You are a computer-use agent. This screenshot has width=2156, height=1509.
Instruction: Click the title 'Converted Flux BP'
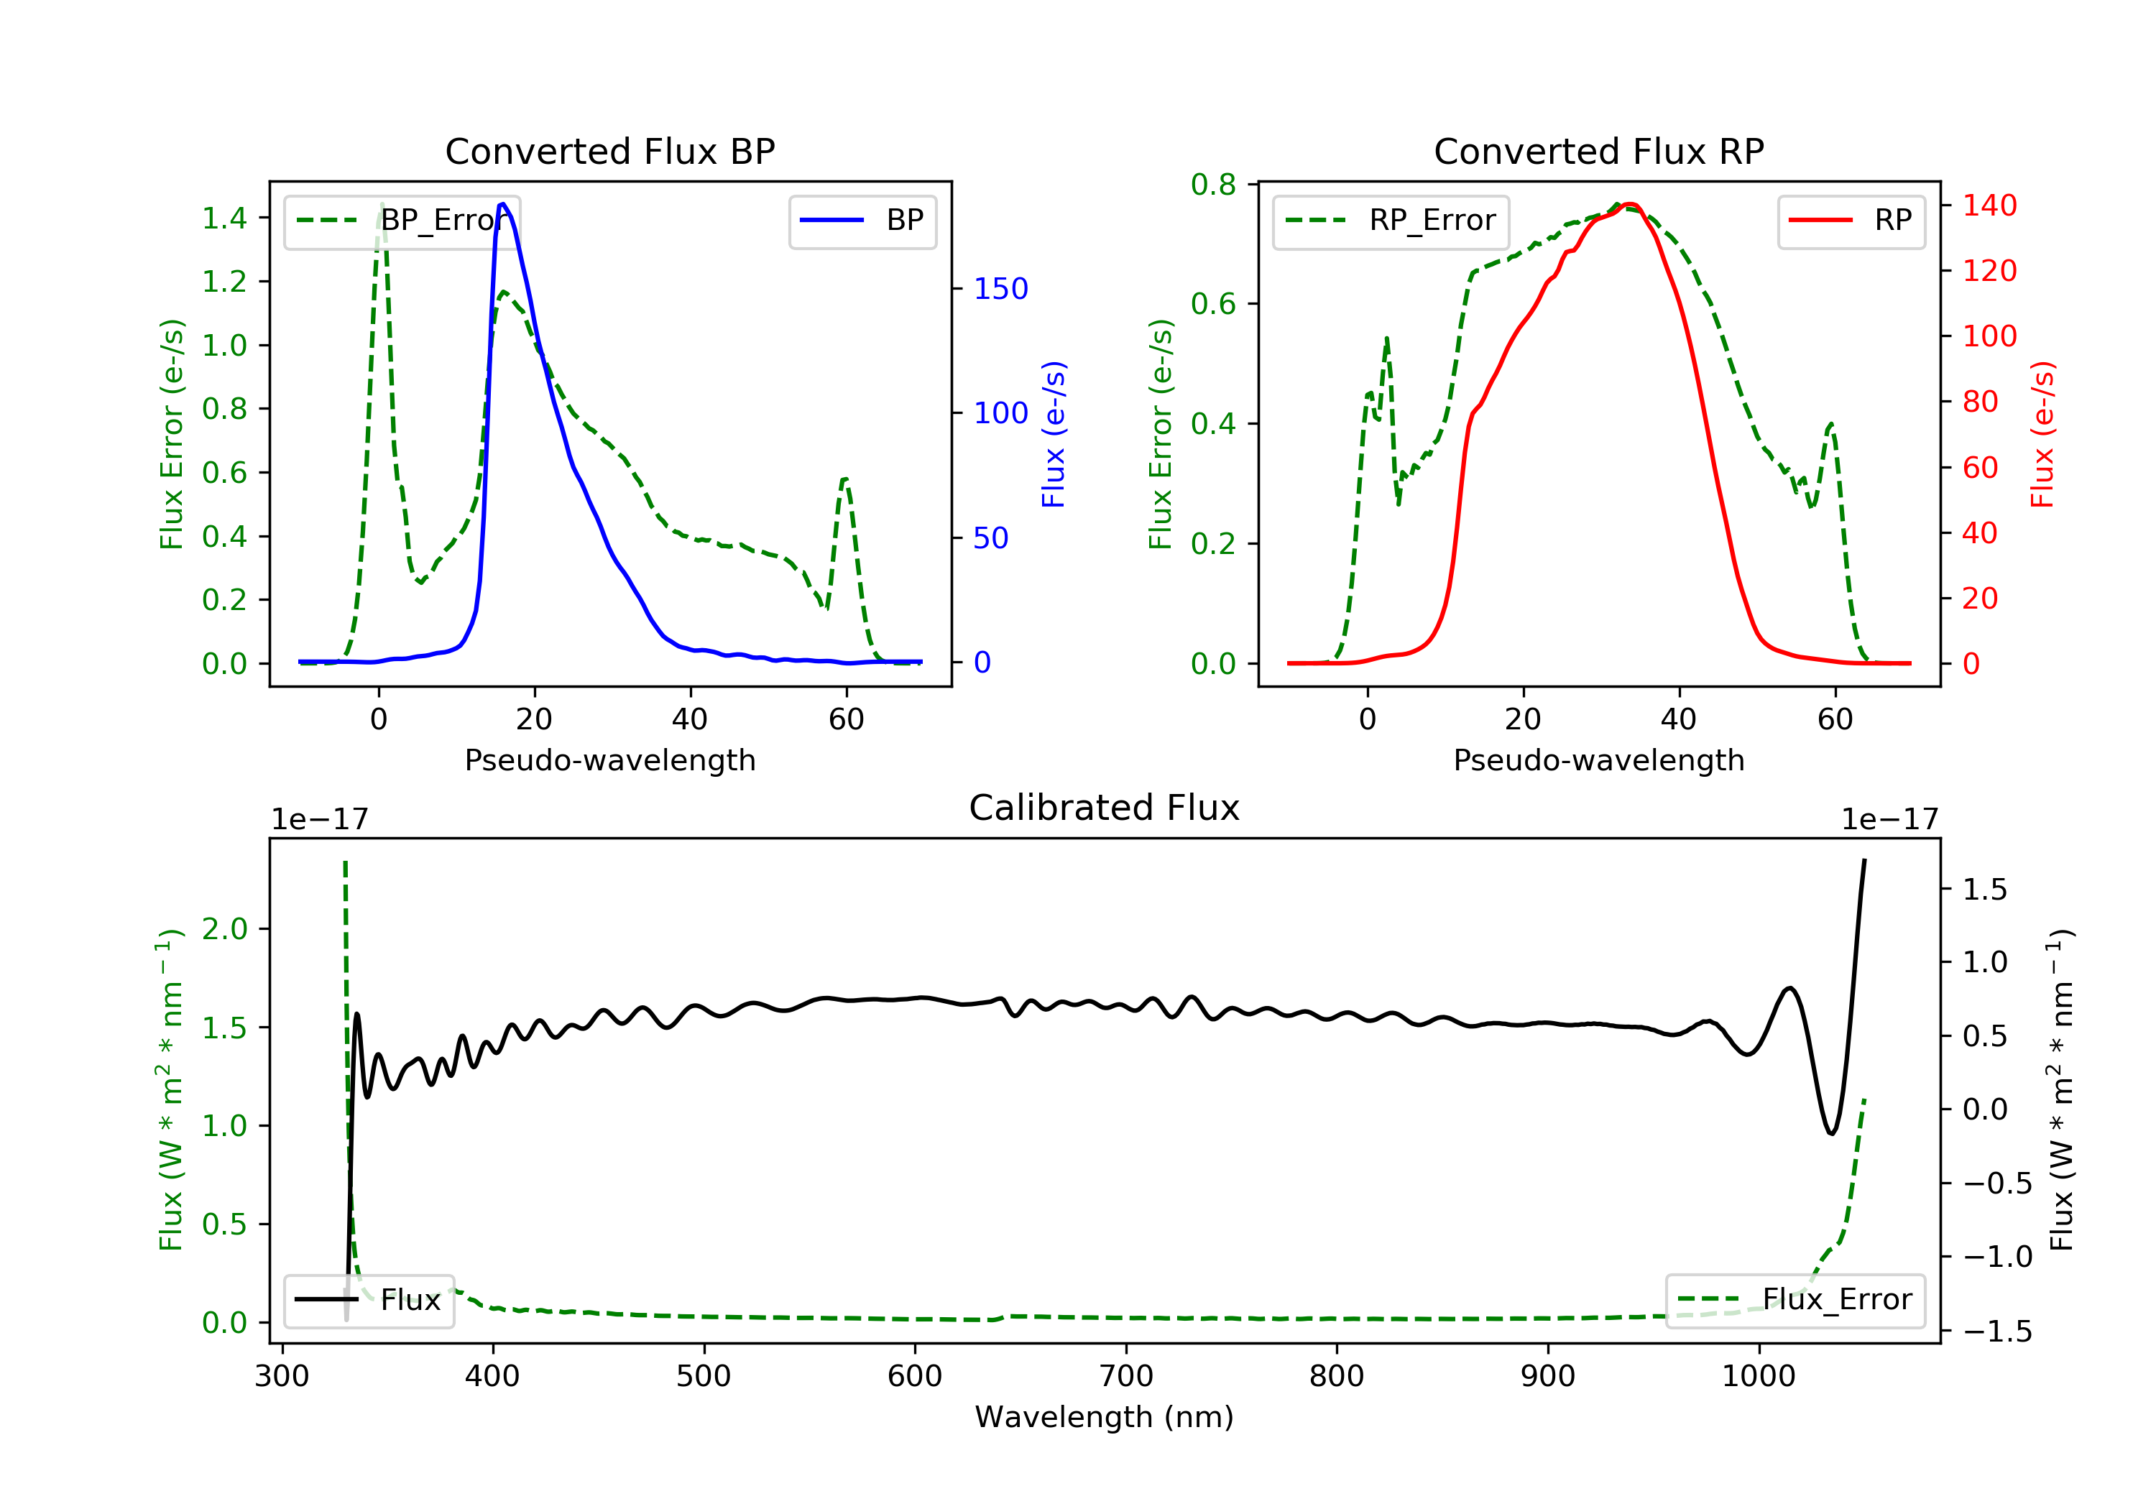[x=609, y=151]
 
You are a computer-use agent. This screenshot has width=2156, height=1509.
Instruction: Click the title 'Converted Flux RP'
[x=1598, y=151]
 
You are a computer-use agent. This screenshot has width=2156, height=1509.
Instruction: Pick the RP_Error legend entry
[x=1391, y=221]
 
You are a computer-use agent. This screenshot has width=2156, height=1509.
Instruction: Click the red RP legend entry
[x=1851, y=221]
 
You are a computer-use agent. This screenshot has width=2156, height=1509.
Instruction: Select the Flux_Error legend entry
[x=1795, y=1300]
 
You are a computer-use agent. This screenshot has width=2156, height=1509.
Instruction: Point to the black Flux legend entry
[x=369, y=1300]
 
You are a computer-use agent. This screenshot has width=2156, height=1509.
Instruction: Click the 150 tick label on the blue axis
[x=1000, y=288]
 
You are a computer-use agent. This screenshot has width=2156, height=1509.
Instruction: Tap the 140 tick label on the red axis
[x=1989, y=205]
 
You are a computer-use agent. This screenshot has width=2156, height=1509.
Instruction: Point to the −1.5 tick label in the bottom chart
[x=1996, y=1331]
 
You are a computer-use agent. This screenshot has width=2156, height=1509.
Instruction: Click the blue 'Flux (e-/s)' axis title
[x=1054, y=434]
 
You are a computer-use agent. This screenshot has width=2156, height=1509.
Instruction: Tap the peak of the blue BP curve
[x=503, y=204]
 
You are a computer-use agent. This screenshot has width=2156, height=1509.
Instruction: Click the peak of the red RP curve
[x=1629, y=204]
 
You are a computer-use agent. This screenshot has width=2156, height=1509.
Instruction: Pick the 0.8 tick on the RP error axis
[x=1213, y=185]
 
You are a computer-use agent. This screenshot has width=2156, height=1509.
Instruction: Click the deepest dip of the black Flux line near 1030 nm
[x=1831, y=1133]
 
